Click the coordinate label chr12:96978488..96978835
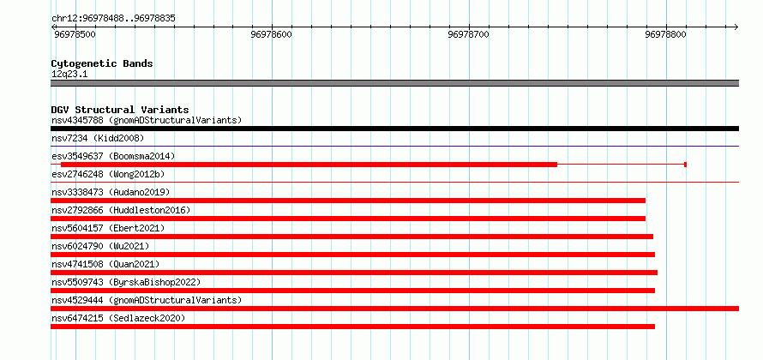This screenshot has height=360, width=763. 113,19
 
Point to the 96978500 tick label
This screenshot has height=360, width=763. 75,35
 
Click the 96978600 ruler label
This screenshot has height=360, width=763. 272,35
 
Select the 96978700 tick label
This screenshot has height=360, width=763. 469,35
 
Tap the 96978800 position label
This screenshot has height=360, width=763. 665,35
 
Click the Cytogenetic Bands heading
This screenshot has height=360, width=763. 102,63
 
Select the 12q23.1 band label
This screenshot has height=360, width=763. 69,75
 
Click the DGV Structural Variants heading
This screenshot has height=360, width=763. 120,110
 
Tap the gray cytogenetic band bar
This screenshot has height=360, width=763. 394,83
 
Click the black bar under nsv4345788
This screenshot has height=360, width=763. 394,129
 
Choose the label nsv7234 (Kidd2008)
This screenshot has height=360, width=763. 98,139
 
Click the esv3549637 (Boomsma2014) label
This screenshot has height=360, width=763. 113,157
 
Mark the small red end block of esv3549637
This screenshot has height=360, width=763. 685,165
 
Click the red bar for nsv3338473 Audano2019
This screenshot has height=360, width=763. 348,201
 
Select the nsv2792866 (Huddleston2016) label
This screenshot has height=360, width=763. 121,210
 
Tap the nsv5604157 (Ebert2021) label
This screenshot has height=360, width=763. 108,228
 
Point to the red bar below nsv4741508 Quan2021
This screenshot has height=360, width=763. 354,273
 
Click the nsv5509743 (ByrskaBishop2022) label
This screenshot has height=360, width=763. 126,282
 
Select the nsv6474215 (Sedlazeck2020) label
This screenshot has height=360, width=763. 118,318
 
